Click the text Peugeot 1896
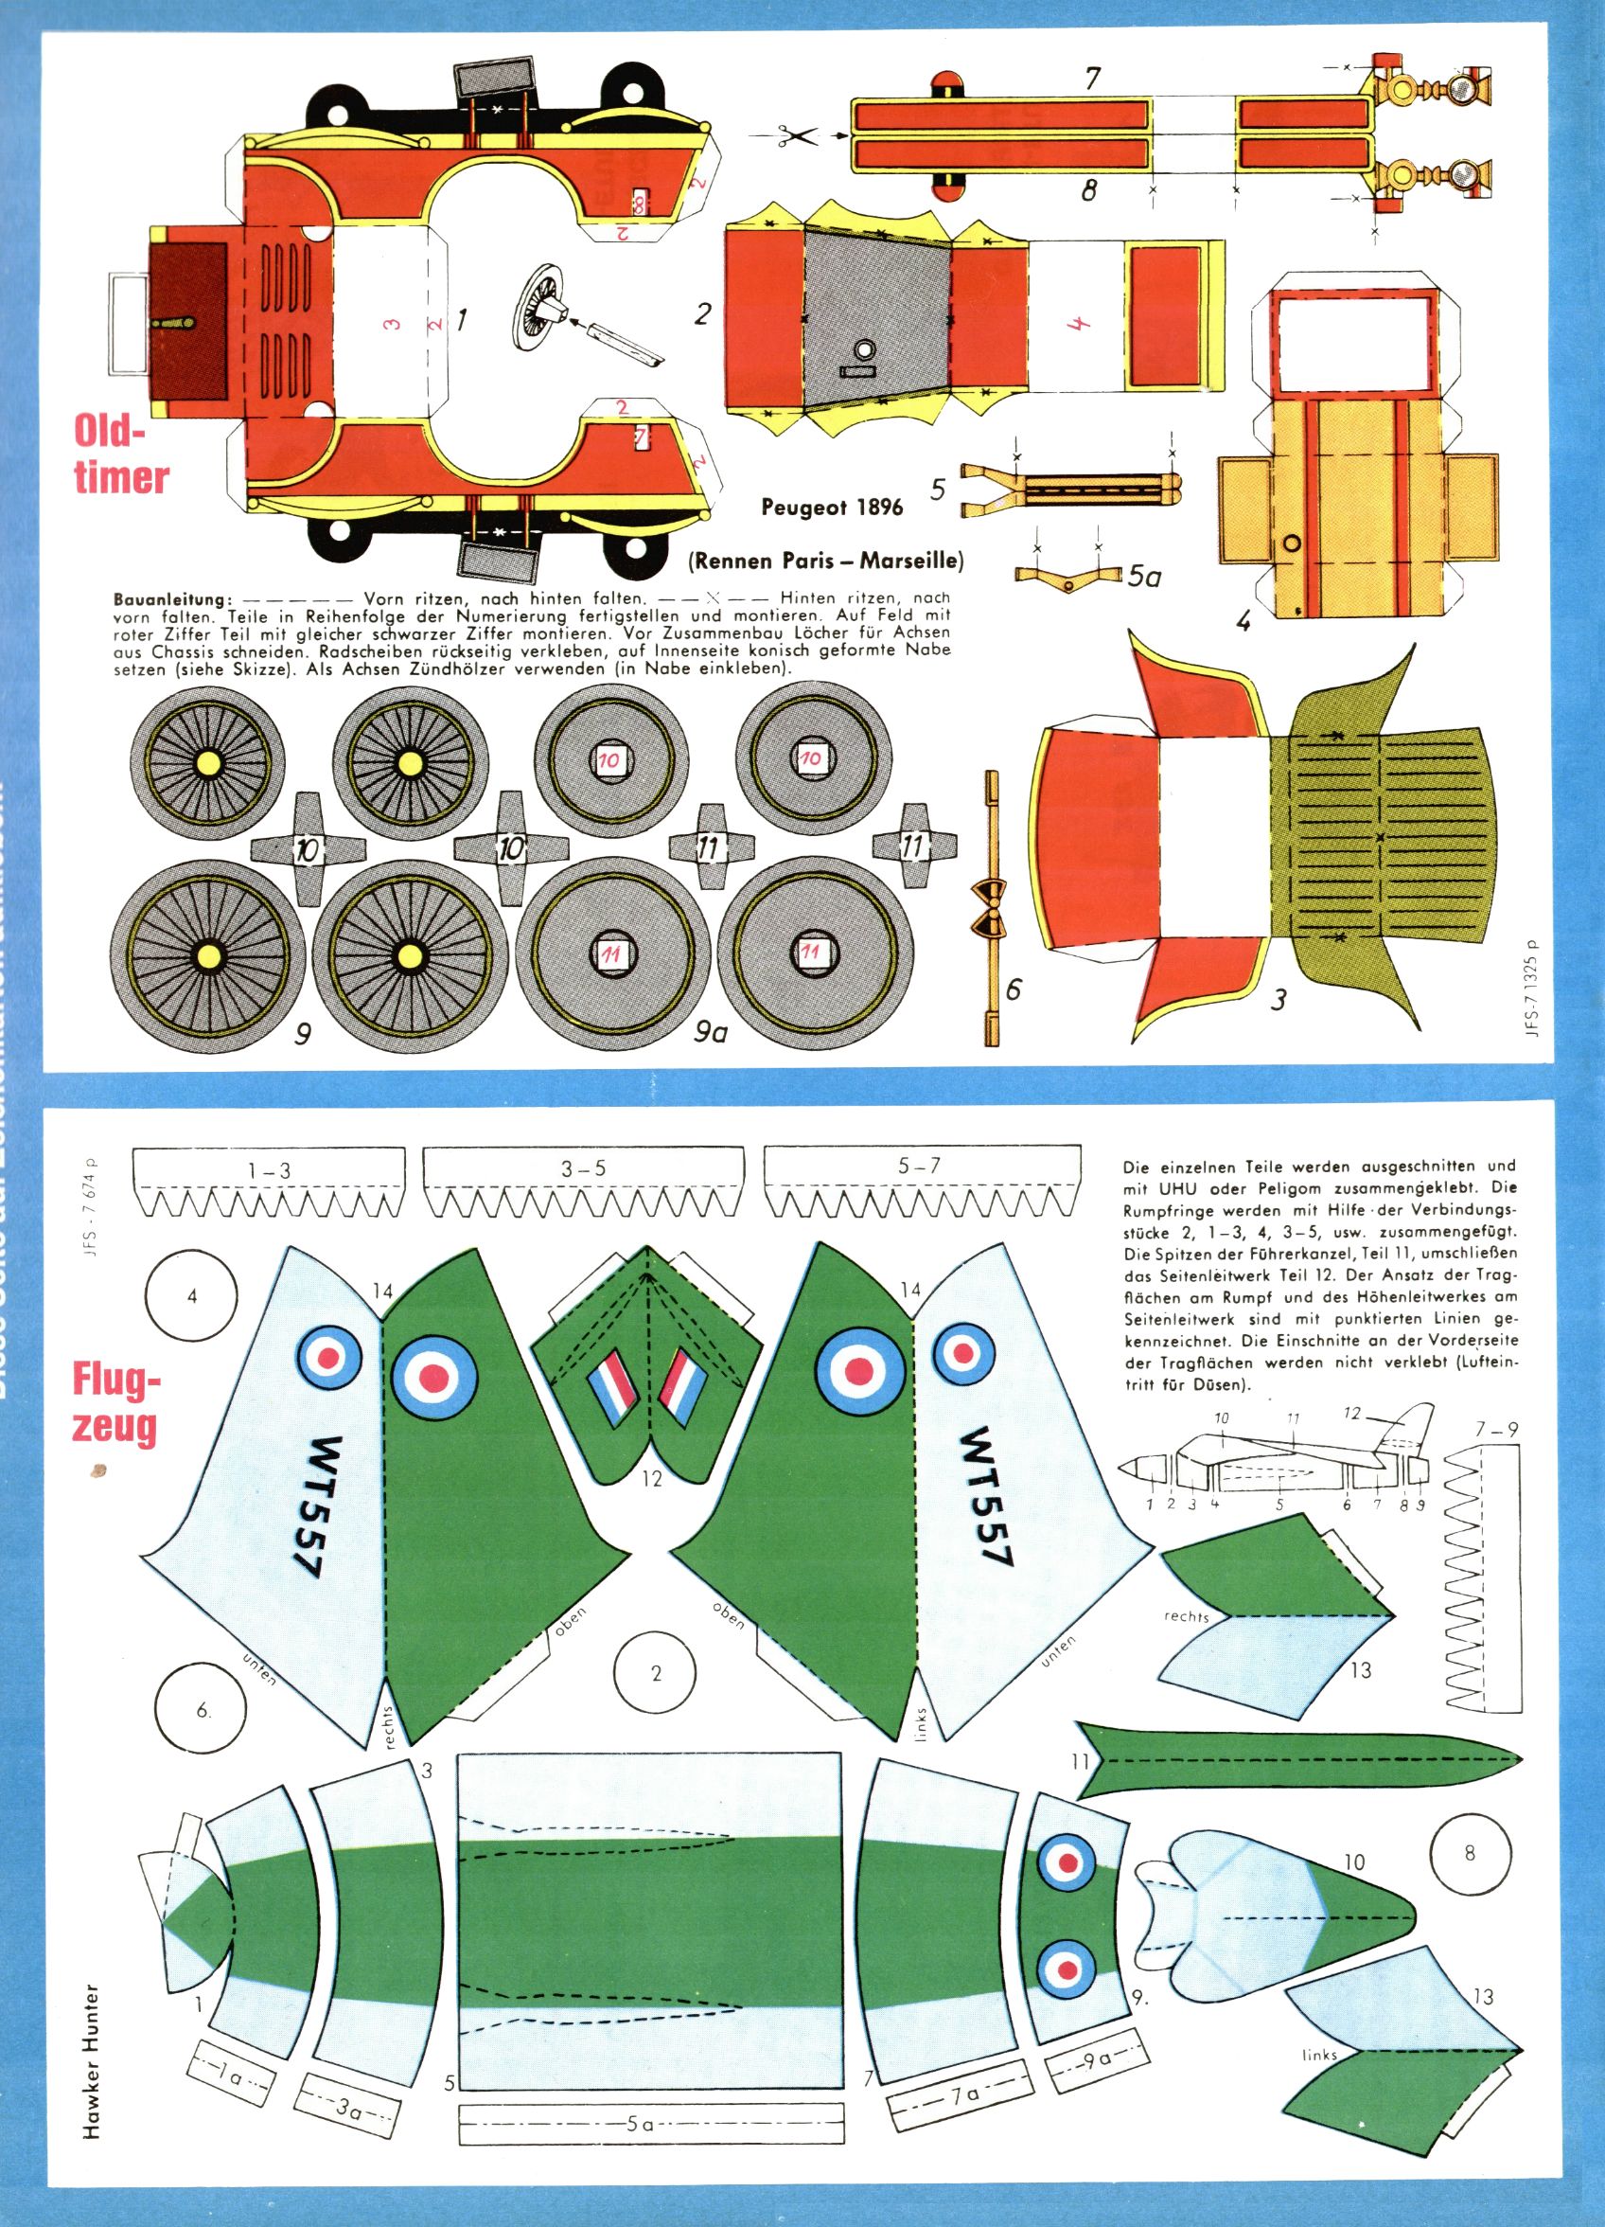click(832, 508)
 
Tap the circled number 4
click(192, 1296)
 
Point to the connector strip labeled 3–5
click(583, 1170)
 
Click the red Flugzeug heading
click(115, 1404)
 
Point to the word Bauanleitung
click(173, 598)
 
